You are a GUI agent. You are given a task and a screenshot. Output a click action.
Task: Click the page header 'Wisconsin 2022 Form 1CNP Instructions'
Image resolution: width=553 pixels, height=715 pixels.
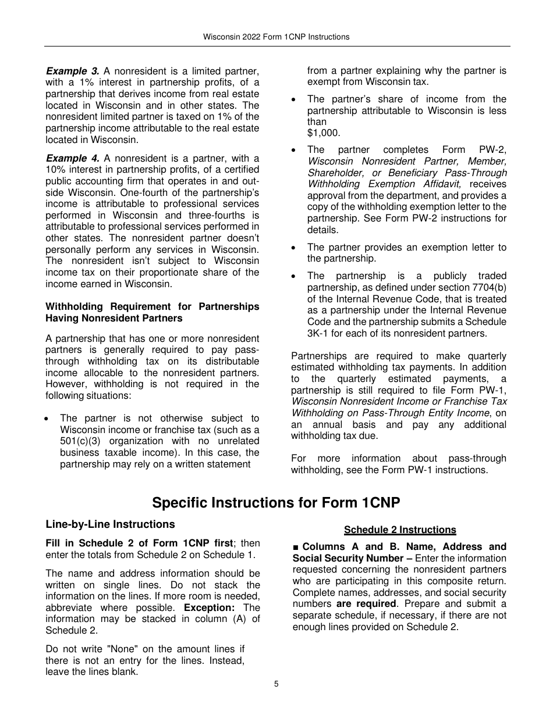[276, 37]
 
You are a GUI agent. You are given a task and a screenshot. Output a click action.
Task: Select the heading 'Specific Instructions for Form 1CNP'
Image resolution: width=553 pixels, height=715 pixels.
[276, 502]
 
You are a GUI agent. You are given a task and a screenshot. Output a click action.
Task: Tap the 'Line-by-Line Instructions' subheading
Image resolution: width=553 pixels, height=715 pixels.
[110, 524]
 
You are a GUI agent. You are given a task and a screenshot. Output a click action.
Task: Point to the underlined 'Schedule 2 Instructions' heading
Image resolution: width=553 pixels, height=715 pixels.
[399, 530]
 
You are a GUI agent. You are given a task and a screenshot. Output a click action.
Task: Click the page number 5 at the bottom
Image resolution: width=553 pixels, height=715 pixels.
[276, 684]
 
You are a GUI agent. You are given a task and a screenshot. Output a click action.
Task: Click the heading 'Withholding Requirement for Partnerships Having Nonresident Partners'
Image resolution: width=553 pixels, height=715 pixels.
[153, 312]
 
